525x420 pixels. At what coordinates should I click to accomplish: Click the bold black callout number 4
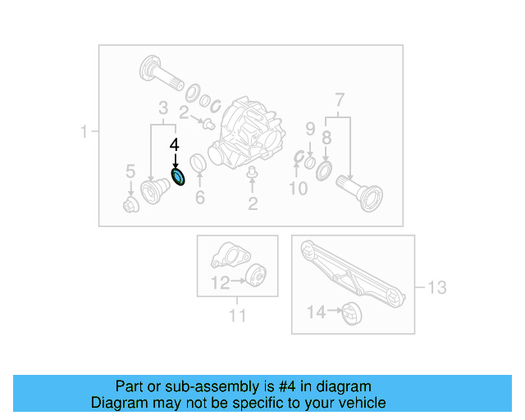[174, 144]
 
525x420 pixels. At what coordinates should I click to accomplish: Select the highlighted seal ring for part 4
[178, 176]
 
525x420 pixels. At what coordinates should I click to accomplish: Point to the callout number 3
[162, 107]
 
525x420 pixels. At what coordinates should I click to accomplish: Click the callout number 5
[130, 171]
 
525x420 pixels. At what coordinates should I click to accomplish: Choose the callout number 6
[199, 198]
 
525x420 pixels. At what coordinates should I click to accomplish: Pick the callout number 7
[339, 102]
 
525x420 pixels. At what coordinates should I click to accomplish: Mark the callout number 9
[310, 128]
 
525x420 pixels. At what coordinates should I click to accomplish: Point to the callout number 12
[219, 283]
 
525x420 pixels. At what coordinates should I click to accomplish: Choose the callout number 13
[436, 287]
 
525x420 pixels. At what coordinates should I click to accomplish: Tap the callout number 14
[317, 312]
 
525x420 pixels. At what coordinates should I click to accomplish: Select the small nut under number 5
[130, 203]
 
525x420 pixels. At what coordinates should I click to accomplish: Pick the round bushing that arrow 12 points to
[255, 276]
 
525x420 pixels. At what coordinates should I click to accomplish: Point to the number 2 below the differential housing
[253, 203]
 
